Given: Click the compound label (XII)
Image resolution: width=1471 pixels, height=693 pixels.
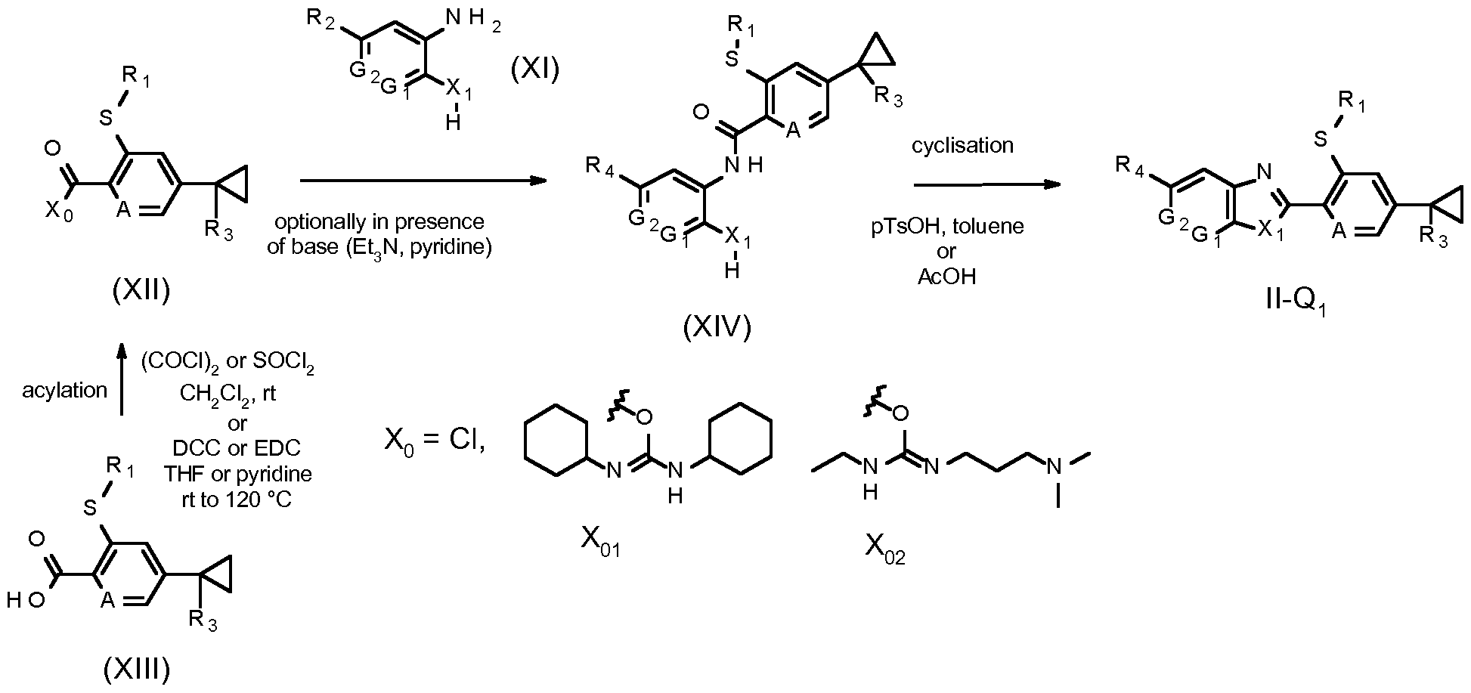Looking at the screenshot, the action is pos(141,289).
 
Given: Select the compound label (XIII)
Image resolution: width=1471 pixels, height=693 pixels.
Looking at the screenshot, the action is pos(136,668).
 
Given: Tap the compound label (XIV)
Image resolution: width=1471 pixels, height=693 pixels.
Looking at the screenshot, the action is pos(717,326).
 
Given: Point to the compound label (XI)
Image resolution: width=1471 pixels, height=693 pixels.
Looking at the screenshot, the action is pos(534,70).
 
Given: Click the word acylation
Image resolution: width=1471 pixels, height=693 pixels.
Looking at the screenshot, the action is pos(65,390).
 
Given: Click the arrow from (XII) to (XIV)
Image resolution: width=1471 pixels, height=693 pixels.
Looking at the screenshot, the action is pos(423,181).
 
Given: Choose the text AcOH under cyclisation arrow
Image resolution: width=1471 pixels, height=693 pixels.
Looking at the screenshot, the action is pos(946,277).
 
